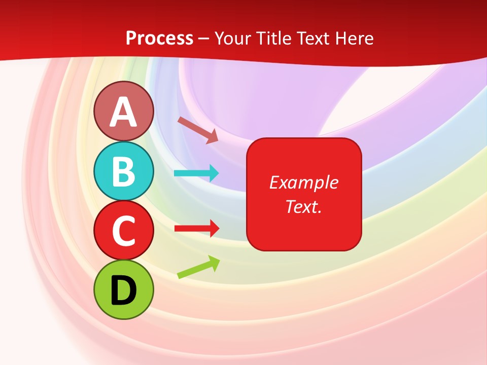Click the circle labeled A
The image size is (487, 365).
point(123,111)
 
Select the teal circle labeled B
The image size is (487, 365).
point(123,171)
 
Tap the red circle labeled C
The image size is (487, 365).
point(123,231)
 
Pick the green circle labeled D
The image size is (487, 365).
point(123,290)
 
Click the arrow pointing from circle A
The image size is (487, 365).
point(198,129)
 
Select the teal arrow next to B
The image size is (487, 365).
point(196,173)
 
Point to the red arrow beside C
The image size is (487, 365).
point(196,228)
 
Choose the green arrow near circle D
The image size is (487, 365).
point(198,268)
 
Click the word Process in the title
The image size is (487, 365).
point(159,38)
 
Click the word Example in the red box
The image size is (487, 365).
point(303,182)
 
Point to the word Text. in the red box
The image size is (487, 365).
point(303,206)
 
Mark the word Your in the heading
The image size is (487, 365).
point(232,38)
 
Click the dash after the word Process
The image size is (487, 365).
point(204,39)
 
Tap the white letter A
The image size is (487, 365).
point(123,112)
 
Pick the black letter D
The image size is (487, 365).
point(123,290)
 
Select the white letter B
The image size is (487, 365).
point(123,172)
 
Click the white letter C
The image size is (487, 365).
point(123,231)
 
